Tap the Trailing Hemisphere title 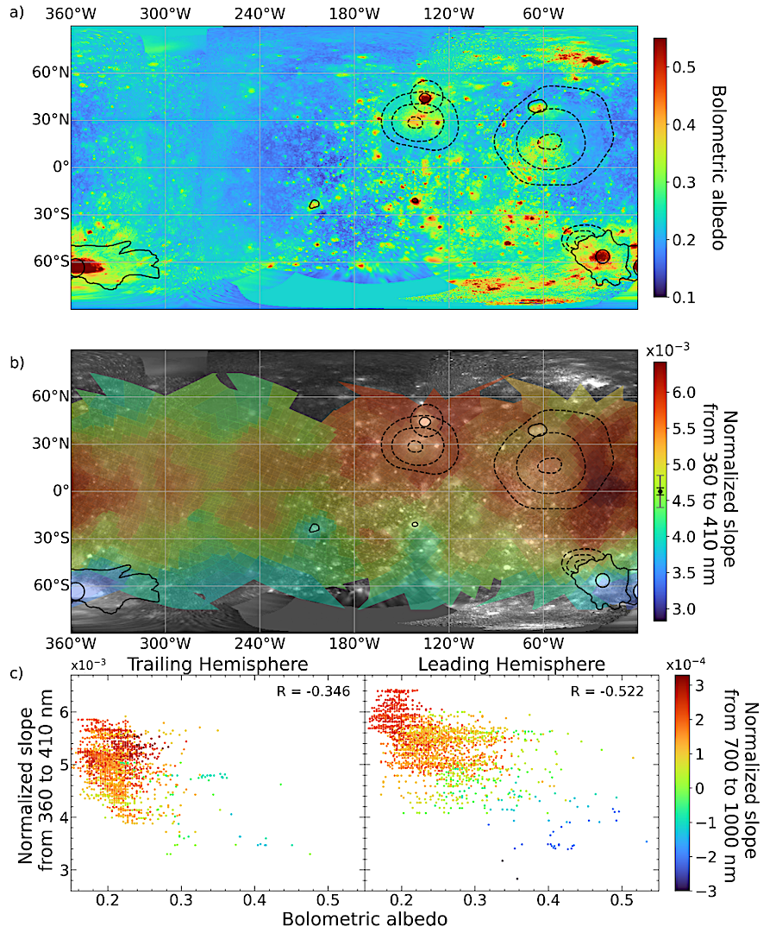(x=217, y=664)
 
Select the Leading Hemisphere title (x=511, y=664)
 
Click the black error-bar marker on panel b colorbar (x=660, y=491)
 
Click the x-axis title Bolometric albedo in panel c (x=365, y=919)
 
